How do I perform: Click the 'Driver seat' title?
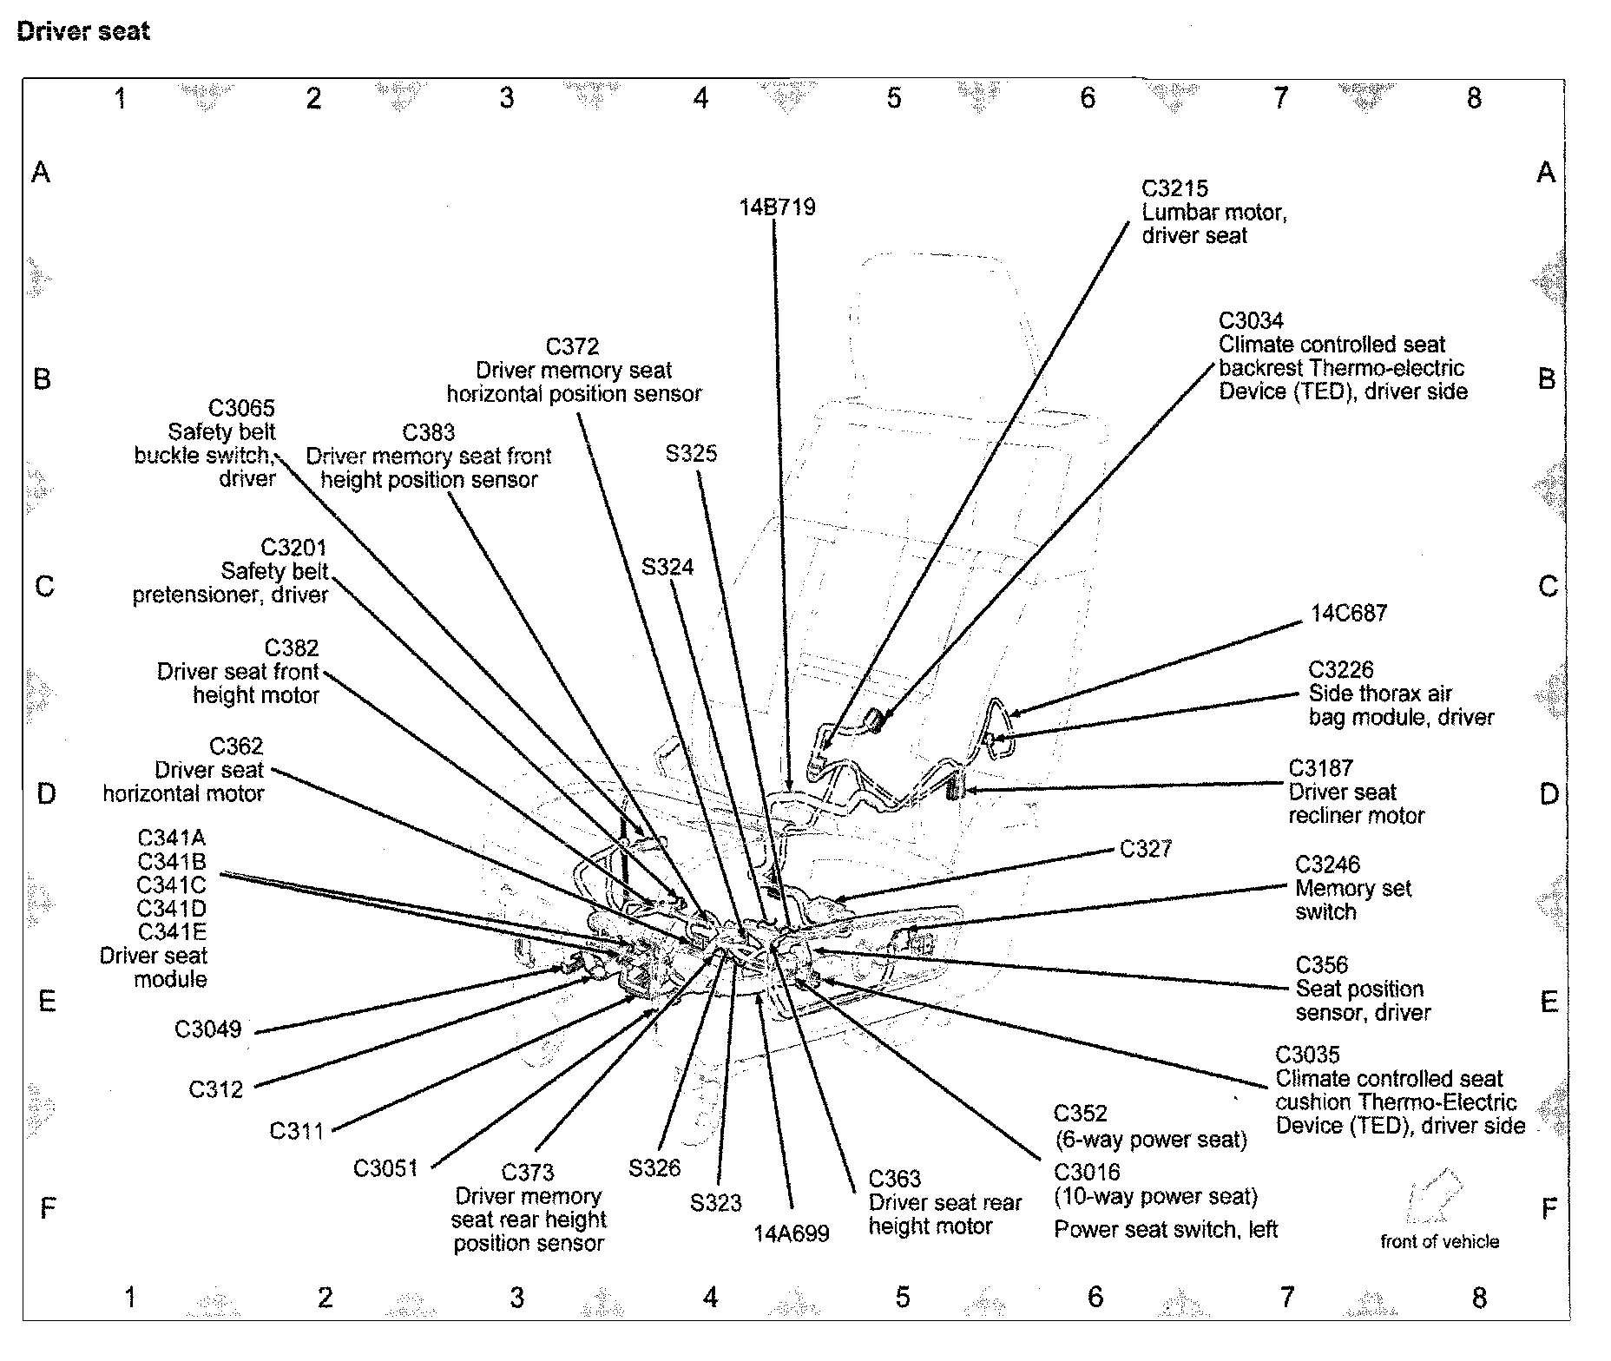83,31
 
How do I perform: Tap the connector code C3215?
1174,188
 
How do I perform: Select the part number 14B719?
777,207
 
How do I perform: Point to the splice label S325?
691,453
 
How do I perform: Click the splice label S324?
667,567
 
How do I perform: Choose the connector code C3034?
1251,320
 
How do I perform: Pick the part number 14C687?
1348,613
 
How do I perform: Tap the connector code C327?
1146,848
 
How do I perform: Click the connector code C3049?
208,1029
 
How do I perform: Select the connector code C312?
216,1088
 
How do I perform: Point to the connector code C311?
297,1130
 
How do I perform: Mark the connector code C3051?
386,1168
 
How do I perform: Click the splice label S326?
654,1168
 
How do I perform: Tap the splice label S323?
716,1203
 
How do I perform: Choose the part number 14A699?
792,1233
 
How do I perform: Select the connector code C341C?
171,885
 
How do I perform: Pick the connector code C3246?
1327,865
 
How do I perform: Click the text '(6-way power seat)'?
1150,1139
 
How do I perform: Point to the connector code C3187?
1320,768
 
